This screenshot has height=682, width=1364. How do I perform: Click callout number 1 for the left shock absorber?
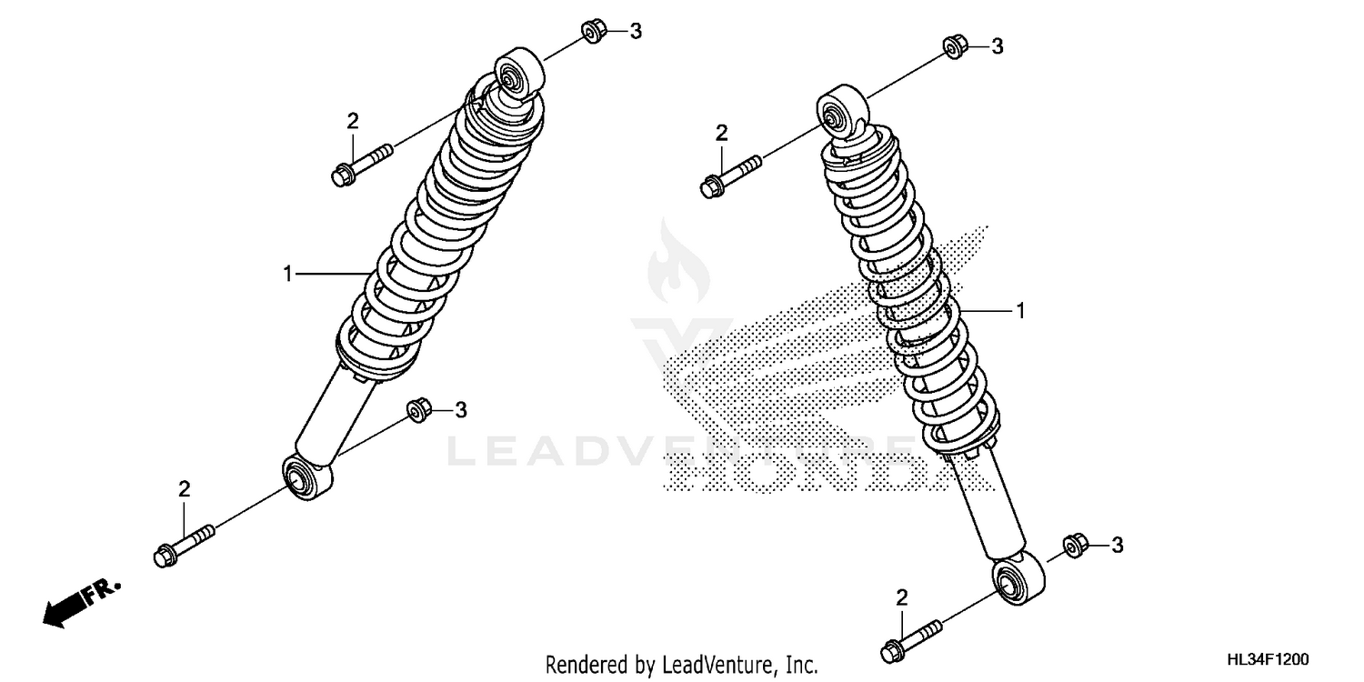(288, 273)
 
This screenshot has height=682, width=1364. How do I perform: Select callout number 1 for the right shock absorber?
(1020, 311)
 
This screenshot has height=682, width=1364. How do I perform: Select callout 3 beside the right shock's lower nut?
(1118, 545)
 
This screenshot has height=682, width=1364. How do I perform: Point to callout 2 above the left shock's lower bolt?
(184, 489)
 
